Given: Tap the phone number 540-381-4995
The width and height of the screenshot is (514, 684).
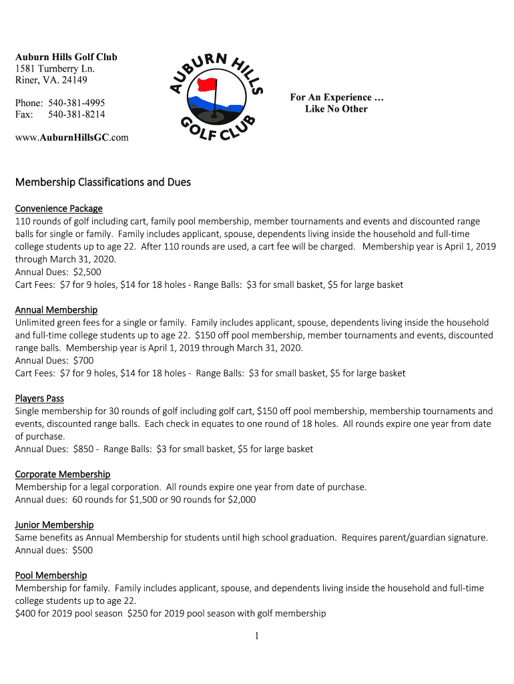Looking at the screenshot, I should (x=76, y=103).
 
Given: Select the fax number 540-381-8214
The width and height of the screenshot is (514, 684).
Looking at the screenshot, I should (x=76, y=114).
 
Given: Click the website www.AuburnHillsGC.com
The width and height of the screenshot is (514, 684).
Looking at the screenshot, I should (x=71, y=138).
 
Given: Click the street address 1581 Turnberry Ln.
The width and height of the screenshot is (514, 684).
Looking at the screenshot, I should (x=55, y=69).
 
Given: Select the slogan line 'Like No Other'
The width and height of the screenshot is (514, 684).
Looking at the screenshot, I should (x=336, y=109).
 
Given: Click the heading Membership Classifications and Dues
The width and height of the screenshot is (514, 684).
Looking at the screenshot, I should (x=103, y=182).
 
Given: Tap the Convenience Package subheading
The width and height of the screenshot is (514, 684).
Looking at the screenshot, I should (x=59, y=208).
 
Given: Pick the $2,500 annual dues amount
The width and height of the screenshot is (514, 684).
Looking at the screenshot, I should (x=87, y=272).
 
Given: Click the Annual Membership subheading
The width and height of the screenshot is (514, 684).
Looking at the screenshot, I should (x=56, y=310).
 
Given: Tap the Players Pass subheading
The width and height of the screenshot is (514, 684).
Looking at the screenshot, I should (x=39, y=399).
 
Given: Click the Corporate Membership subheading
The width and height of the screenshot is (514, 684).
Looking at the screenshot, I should (x=63, y=474).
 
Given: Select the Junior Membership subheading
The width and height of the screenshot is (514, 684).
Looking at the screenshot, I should (x=54, y=525).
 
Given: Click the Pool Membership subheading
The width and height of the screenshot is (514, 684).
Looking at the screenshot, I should (x=51, y=575).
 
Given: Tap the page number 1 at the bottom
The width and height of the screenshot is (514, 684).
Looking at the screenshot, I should (x=256, y=637).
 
